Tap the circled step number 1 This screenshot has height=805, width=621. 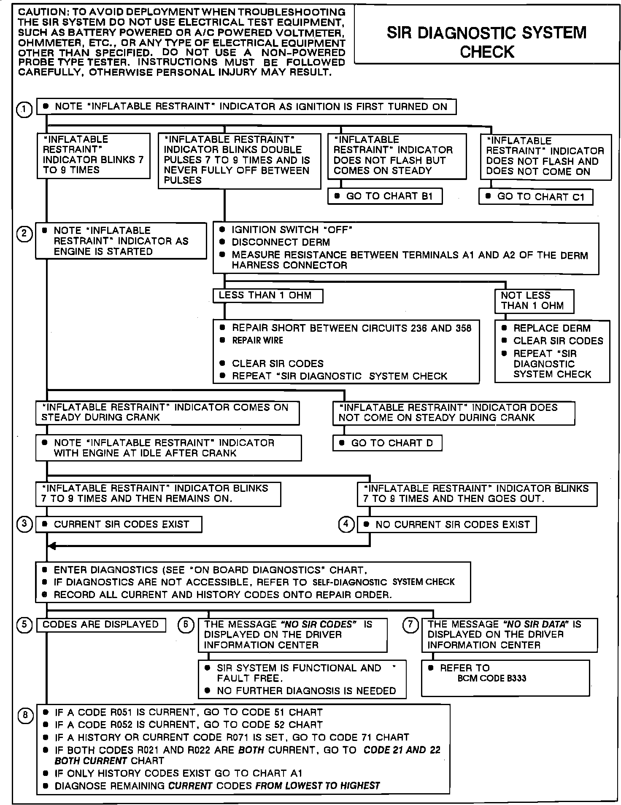point(24,110)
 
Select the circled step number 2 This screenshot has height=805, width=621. point(24,234)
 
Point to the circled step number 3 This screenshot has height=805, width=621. point(24,524)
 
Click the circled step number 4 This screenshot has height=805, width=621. point(346,524)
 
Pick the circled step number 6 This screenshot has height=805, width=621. point(186,624)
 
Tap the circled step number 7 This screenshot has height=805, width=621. point(410,624)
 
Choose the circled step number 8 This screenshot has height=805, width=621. point(25,715)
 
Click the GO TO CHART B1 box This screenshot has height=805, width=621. point(385,196)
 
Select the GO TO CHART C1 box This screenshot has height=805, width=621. point(536,197)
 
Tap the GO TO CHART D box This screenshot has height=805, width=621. point(387,443)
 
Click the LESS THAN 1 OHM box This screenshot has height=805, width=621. point(268,295)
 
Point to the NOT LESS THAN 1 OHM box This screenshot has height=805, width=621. point(534,301)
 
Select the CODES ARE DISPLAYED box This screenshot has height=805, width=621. point(101,625)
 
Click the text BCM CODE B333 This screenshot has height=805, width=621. point(491,679)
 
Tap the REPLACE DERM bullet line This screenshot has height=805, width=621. point(551,328)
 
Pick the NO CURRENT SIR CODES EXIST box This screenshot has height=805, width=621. point(447,525)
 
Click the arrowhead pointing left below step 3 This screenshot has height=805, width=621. point(51,546)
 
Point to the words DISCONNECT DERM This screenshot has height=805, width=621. point(281,242)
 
